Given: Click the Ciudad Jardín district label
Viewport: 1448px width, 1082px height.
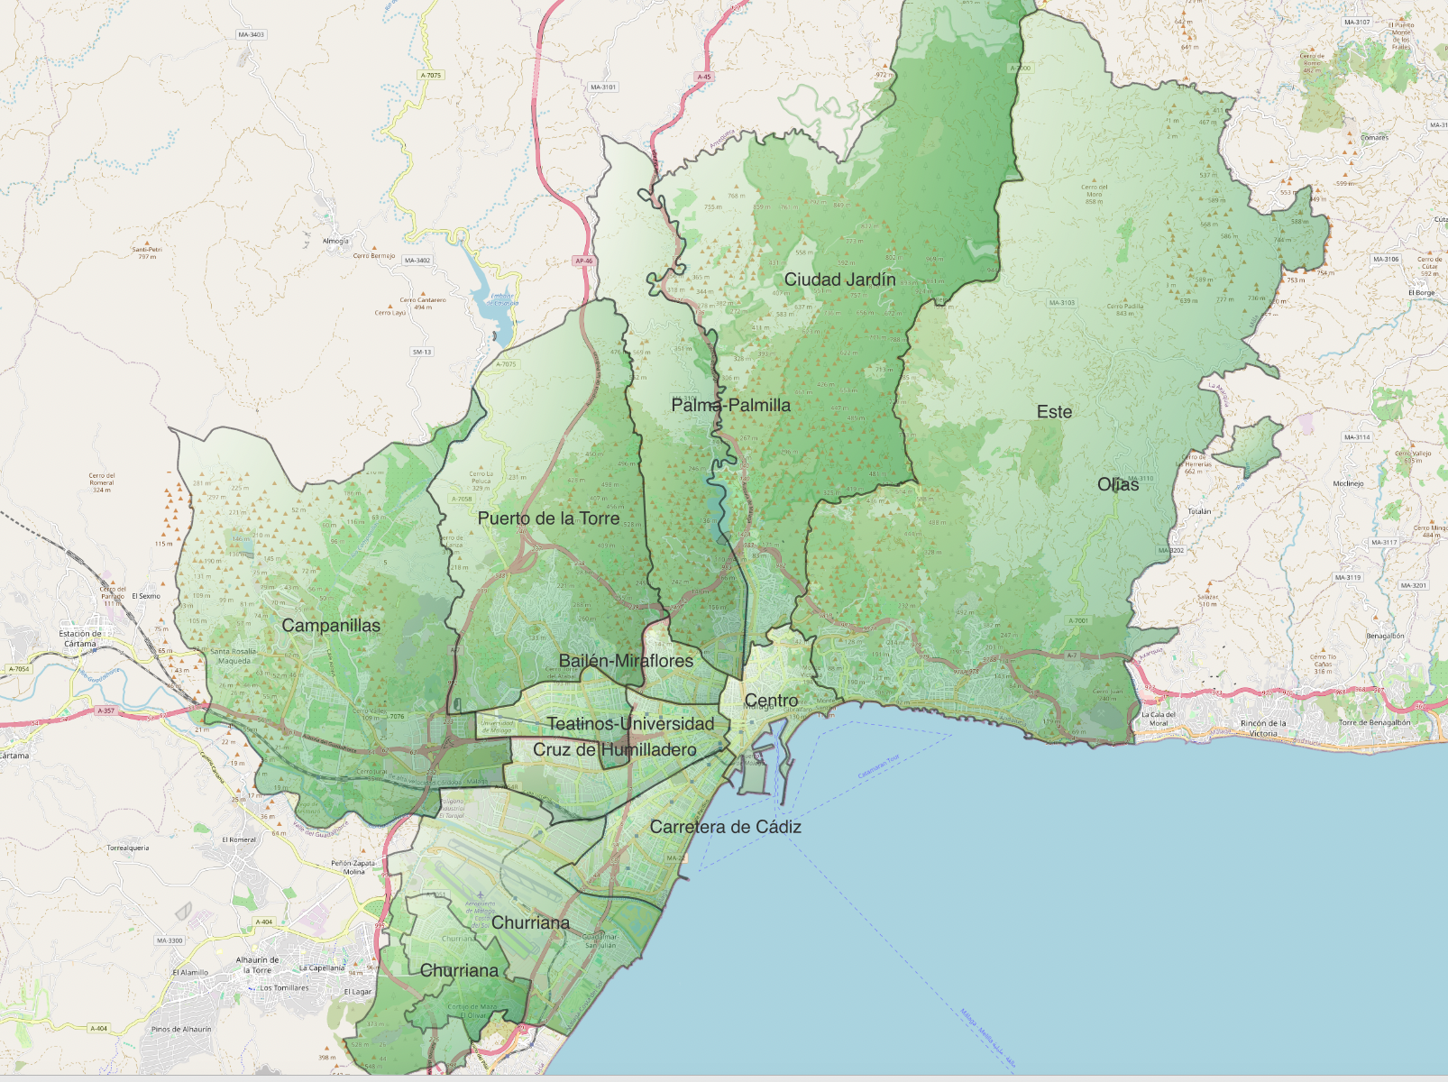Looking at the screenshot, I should [839, 280].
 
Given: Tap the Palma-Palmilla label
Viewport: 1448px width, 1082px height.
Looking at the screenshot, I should [730, 405].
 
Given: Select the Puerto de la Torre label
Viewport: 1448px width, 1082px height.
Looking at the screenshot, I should [548, 518].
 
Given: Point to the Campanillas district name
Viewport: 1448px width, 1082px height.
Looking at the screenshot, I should [331, 625].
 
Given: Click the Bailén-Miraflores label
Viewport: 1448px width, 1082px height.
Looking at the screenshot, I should [626, 661].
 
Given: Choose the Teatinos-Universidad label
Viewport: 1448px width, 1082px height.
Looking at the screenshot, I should [630, 724].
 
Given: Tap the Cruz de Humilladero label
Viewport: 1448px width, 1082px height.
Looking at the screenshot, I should [614, 750].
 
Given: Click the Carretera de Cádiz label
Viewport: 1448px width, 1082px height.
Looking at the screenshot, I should [725, 827].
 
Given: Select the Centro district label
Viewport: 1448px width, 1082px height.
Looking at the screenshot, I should [771, 701].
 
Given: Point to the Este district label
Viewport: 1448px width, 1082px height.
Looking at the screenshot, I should [1054, 412].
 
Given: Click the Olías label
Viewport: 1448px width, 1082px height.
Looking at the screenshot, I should [1118, 484].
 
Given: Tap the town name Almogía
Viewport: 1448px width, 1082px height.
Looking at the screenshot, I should [335, 241].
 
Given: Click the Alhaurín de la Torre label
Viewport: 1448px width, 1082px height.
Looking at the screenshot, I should [257, 965].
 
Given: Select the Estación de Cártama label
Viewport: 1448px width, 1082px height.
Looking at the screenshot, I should [80, 638].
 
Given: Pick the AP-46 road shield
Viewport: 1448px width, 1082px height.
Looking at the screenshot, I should [583, 261].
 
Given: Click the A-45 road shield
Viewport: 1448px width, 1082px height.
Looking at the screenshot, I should [704, 77].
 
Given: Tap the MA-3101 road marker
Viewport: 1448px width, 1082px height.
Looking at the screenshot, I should [603, 87].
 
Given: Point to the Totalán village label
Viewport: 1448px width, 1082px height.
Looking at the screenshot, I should [1199, 511].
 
